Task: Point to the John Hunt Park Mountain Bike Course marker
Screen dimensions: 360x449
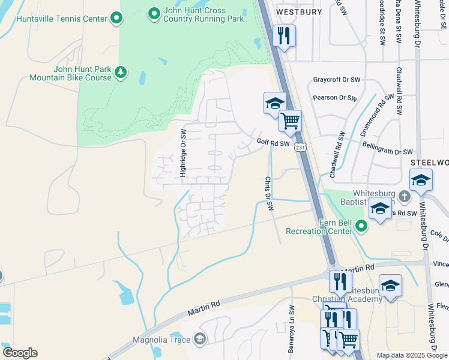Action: (x=121, y=73)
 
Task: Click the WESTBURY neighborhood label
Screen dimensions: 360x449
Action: (x=299, y=11)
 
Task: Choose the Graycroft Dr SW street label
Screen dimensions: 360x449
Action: (x=337, y=80)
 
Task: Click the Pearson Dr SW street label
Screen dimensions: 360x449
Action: (x=336, y=98)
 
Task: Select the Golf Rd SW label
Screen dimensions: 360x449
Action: (x=273, y=143)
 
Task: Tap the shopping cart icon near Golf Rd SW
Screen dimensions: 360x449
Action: (x=290, y=121)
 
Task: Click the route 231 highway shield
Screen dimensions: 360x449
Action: (x=301, y=147)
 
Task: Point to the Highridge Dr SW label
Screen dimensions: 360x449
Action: (x=184, y=152)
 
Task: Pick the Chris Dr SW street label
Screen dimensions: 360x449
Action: (x=270, y=194)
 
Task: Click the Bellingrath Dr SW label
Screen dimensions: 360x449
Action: (x=388, y=148)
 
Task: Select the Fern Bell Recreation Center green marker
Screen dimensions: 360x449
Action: (x=361, y=226)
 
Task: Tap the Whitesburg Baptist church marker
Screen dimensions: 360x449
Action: (x=405, y=196)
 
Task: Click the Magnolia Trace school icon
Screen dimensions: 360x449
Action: (x=200, y=340)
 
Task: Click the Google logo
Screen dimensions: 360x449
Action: (x=20, y=353)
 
